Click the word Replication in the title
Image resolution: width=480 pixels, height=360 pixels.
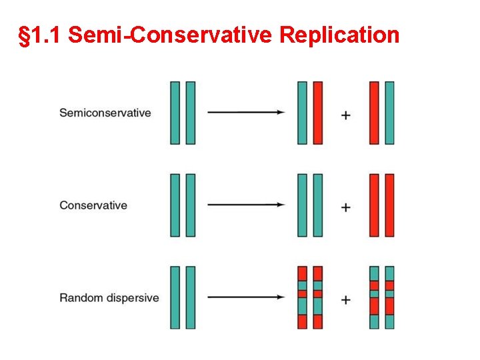point(339,35)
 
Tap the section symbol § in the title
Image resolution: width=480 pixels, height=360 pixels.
point(25,35)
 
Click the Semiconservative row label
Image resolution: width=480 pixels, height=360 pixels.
point(105,113)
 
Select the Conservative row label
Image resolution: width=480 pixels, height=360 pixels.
point(93,205)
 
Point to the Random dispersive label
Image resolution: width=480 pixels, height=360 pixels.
point(109,297)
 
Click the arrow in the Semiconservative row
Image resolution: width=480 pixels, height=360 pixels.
point(246,113)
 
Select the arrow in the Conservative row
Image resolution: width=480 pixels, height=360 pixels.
point(246,205)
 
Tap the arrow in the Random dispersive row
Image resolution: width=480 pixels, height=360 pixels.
point(246,297)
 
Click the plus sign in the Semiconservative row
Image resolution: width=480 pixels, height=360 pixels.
point(345,115)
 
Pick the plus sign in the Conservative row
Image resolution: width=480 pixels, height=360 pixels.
point(345,207)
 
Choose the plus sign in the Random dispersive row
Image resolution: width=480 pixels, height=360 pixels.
point(345,300)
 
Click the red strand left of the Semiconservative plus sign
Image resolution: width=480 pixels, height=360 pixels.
point(318,113)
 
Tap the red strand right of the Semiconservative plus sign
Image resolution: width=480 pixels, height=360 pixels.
point(374,113)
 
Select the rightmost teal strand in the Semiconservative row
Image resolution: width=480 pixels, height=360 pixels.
point(389,113)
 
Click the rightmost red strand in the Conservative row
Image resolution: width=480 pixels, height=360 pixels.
point(389,205)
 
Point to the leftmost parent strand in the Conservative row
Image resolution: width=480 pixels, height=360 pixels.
point(175,205)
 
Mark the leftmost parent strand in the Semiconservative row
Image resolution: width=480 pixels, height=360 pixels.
point(175,113)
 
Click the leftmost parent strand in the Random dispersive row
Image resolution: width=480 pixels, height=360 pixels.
point(175,297)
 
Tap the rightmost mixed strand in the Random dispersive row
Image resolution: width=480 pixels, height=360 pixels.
point(389,297)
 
